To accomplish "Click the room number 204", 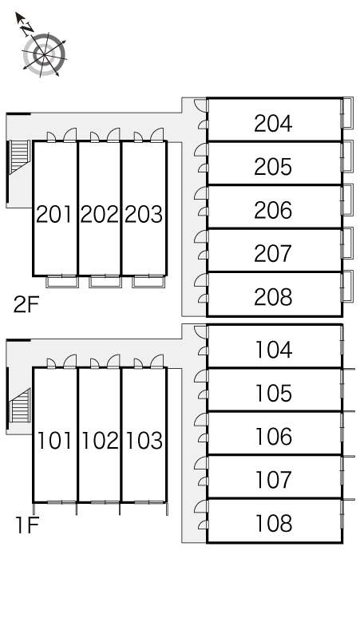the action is (x=273, y=124).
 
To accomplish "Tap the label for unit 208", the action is (x=273, y=297).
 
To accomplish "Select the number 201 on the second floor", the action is (x=54, y=215).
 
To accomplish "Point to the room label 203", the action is (x=144, y=215).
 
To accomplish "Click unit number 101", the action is (x=54, y=440).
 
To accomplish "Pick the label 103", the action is (x=144, y=440).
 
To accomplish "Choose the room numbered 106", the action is (x=274, y=436).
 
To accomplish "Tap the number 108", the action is (x=274, y=523).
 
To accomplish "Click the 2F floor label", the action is (x=26, y=304).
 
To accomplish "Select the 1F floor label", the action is (x=27, y=525).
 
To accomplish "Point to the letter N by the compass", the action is (x=27, y=28).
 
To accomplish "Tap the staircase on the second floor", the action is (x=20, y=156).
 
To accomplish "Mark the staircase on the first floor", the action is (x=20, y=406).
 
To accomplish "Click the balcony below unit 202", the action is (x=105, y=281).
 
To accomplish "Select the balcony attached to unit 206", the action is (x=347, y=200).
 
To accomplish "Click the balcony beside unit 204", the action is (x=347, y=113).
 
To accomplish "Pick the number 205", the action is (x=273, y=167).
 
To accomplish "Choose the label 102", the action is (x=100, y=440).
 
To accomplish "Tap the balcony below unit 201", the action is (x=61, y=281).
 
